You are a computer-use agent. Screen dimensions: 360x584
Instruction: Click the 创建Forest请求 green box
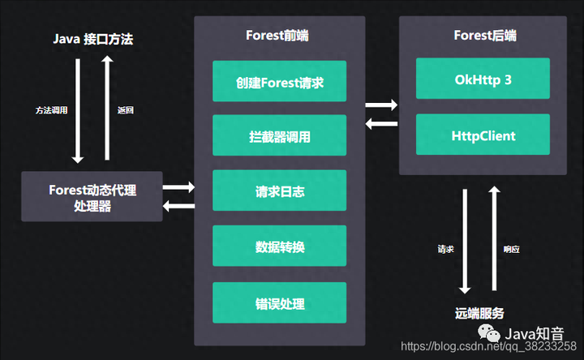tap(279, 81)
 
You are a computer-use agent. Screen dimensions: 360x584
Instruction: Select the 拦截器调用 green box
tap(279, 135)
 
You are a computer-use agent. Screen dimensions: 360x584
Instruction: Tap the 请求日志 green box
tap(279, 191)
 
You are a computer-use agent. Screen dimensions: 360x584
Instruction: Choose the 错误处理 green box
tap(279, 302)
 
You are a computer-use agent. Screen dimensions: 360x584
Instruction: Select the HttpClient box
tap(483, 135)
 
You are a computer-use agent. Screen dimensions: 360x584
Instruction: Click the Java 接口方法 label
tap(92, 38)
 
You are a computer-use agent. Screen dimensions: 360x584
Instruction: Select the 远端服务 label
tap(479, 313)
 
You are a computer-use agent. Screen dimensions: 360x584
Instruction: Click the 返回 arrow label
tap(125, 109)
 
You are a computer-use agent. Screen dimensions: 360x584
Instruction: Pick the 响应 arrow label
tap(510, 249)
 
